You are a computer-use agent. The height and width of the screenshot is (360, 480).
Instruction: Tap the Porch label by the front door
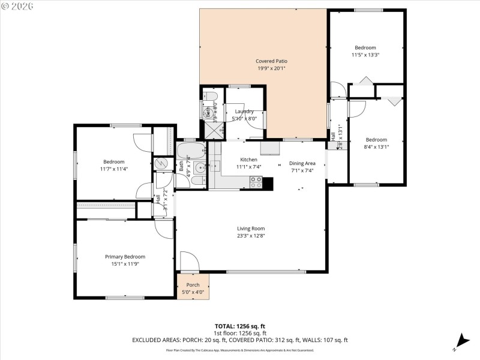pyautogui.click(x=193, y=285)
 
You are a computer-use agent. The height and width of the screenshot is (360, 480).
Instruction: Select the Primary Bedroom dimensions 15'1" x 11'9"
pyautogui.click(x=125, y=264)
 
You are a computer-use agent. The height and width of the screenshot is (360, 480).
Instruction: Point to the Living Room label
pyautogui.click(x=251, y=228)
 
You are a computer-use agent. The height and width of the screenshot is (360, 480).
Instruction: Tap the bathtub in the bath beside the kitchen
pyautogui.click(x=190, y=150)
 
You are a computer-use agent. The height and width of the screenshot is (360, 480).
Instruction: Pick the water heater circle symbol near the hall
pyautogui.click(x=161, y=163)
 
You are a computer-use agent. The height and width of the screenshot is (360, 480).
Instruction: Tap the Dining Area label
pyautogui.click(x=302, y=163)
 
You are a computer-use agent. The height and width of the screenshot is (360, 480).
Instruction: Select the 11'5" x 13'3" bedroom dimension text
pyautogui.click(x=365, y=55)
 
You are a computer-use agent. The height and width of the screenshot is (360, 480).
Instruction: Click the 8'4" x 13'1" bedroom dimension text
pyautogui.click(x=376, y=147)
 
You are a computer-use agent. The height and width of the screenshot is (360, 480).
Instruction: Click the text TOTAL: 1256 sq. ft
pyautogui.click(x=240, y=326)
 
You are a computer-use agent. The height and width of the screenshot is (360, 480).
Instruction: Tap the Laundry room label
pyautogui.click(x=244, y=111)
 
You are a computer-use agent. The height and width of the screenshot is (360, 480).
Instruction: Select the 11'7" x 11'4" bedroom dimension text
pyautogui.click(x=113, y=169)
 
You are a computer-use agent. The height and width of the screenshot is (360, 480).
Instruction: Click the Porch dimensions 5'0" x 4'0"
pyautogui.click(x=193, y=292)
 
